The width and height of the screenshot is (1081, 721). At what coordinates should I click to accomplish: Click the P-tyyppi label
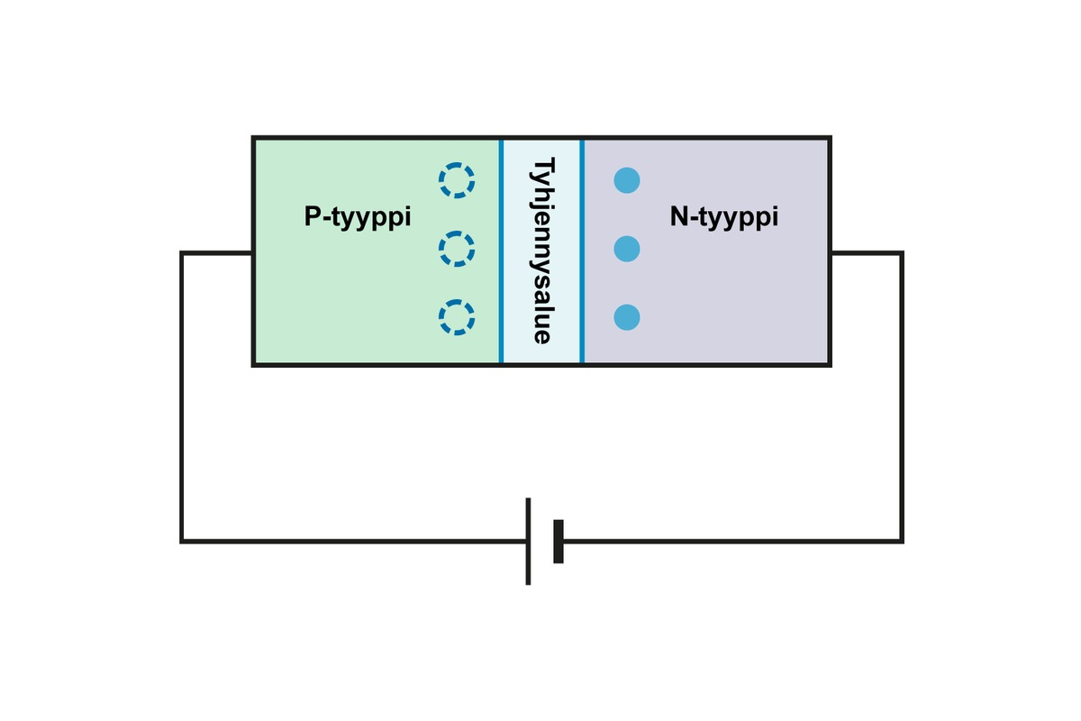tap(358, 218)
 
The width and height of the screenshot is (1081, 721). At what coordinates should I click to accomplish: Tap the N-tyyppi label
tap(723, 218)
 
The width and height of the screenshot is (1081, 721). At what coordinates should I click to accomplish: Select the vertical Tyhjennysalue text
tap(541, 251)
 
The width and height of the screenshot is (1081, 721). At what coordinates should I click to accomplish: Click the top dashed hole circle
tap(457, 180)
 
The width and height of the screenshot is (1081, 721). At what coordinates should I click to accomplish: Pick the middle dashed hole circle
tap(457, 249)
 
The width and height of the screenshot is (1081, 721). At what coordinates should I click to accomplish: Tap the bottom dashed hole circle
tap(457, 317)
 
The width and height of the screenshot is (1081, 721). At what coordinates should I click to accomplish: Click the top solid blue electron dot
tap(627, 180)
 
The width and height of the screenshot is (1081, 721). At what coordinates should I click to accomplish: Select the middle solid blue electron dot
tap(627, 249)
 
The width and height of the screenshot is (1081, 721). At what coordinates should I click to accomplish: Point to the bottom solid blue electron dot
tap(627, 317)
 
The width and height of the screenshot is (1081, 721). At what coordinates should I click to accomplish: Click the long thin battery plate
tap(528, 541)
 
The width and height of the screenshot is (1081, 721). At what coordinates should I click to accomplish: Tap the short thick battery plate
tap(559, 541)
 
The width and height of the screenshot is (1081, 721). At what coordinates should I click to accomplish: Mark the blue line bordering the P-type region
tap(501, 251)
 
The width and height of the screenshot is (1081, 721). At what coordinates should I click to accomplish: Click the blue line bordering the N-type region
tap(582, 251)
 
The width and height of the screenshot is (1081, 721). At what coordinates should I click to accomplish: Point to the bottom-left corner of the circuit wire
tap(182, 541)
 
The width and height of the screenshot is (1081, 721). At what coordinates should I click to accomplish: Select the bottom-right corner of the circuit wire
tap(902, 541)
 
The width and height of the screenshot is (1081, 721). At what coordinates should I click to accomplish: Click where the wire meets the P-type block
tap(252, 253)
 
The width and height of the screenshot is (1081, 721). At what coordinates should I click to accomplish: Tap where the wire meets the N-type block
tap(831, 253)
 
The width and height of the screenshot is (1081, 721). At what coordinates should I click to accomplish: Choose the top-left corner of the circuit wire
tap(182, 253)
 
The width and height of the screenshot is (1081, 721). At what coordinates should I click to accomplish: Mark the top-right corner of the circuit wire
tap(902, 253)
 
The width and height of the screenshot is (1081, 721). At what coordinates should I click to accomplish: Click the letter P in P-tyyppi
tap(312, 217)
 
